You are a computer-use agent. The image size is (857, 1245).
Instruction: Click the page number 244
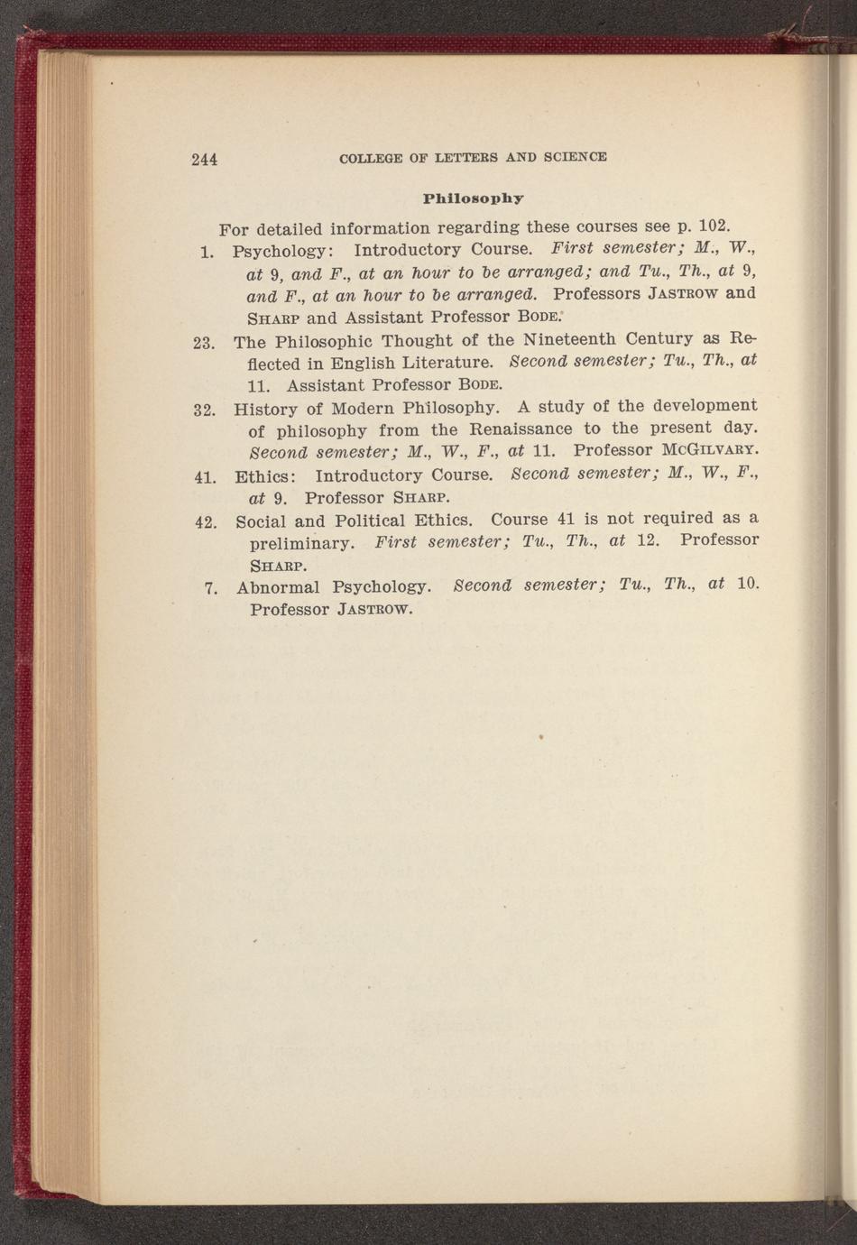coord(204,160)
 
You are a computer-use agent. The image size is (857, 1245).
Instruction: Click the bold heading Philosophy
coord(474,197)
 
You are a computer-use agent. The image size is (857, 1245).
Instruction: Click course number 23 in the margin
coord(203,343)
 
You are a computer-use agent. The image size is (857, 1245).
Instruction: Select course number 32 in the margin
coord(204,410)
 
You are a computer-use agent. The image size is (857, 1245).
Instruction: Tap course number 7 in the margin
coord(209,589)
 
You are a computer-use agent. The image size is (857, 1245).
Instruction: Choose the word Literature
coord(447,364)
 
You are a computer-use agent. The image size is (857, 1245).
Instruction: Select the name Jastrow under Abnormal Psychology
coord(374,609)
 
